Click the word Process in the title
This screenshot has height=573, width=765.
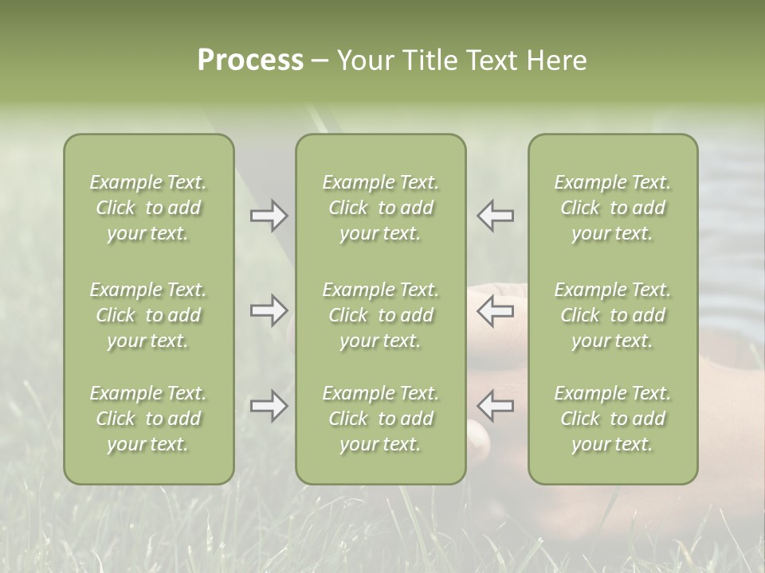[x=250, y=60]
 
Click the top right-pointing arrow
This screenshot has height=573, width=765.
[x=269, y=216]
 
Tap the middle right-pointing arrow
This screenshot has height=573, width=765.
[x=269, y=310]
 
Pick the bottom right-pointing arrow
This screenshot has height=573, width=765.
[x=269, y=406]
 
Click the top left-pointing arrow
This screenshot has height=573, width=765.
[x=495, y=216]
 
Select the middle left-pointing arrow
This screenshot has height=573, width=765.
[x=495, y=310]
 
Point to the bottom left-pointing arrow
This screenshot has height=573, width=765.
[x=495, y=405]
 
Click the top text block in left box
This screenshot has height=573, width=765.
[x=148, y=208]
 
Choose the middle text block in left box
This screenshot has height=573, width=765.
[x=148, y=315]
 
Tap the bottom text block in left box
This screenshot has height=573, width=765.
[x=148, y=419]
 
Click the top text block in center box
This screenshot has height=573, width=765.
[x=380, y=208]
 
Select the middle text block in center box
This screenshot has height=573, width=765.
[x=380, y=315]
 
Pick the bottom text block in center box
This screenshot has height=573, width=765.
[x=380, y=419]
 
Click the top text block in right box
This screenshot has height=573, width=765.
[x=612, y=208]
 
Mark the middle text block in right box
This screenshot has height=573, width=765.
[x=612, y=315]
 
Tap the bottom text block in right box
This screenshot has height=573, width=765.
[x=612, y=419]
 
